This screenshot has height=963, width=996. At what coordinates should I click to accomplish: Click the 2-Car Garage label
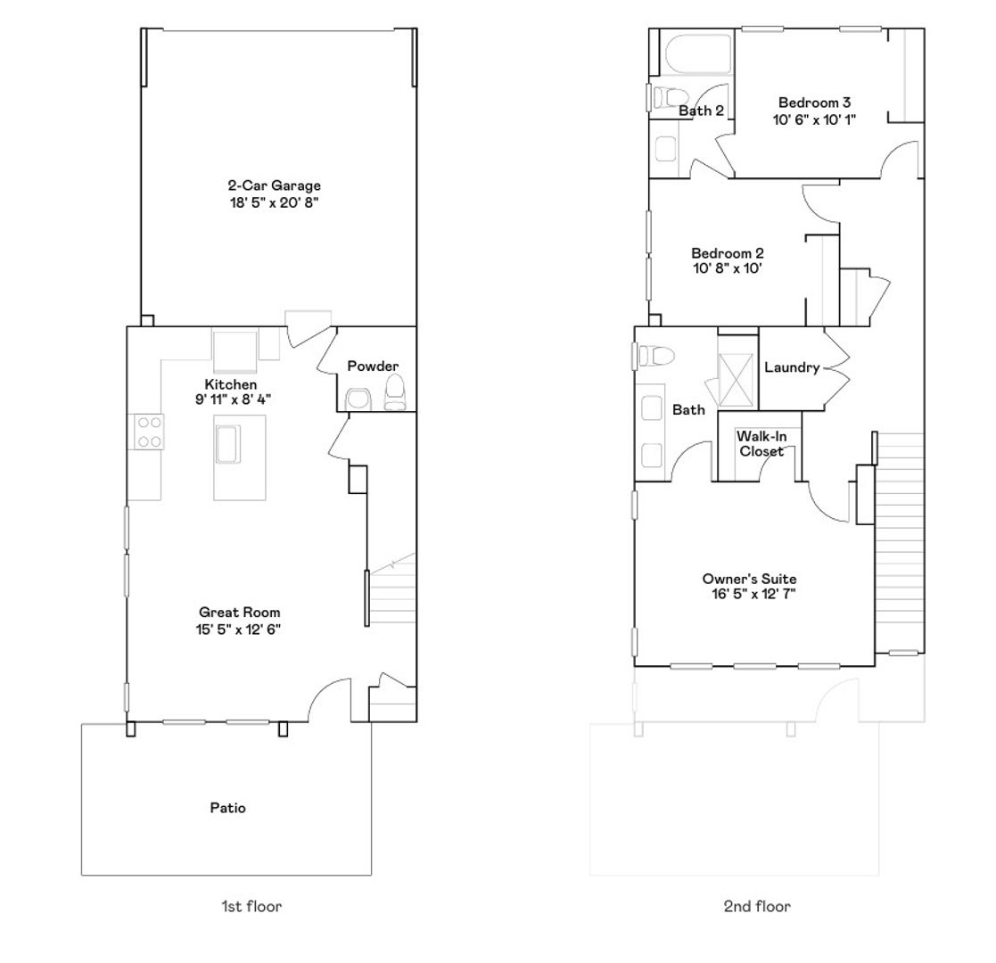tap(275, 185)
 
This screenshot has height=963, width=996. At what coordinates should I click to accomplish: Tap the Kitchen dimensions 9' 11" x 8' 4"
tap(233, 399)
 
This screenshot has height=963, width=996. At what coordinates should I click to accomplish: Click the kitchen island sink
tap(228, 444)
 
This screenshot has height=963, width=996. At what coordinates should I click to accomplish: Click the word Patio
tap(228, 808)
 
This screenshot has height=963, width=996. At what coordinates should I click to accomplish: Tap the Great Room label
tap(240, 613)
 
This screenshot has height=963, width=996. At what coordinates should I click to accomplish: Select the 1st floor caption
tap(251, 907)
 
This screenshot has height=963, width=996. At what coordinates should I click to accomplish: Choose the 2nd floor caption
tap(757, 907)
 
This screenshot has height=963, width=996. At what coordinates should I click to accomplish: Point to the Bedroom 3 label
tap(814, 103)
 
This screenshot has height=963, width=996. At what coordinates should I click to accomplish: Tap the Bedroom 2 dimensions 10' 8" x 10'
tap(728, 268)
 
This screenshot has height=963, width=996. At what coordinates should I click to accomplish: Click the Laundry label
tap(792, 367)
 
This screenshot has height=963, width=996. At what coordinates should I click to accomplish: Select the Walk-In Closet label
tap(761, 444)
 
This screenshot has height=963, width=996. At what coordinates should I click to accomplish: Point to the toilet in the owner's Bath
tap(654, 356)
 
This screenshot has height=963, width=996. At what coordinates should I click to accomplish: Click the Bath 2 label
tap(701, 111)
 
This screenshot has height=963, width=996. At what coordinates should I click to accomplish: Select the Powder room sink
tap(357, 399)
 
